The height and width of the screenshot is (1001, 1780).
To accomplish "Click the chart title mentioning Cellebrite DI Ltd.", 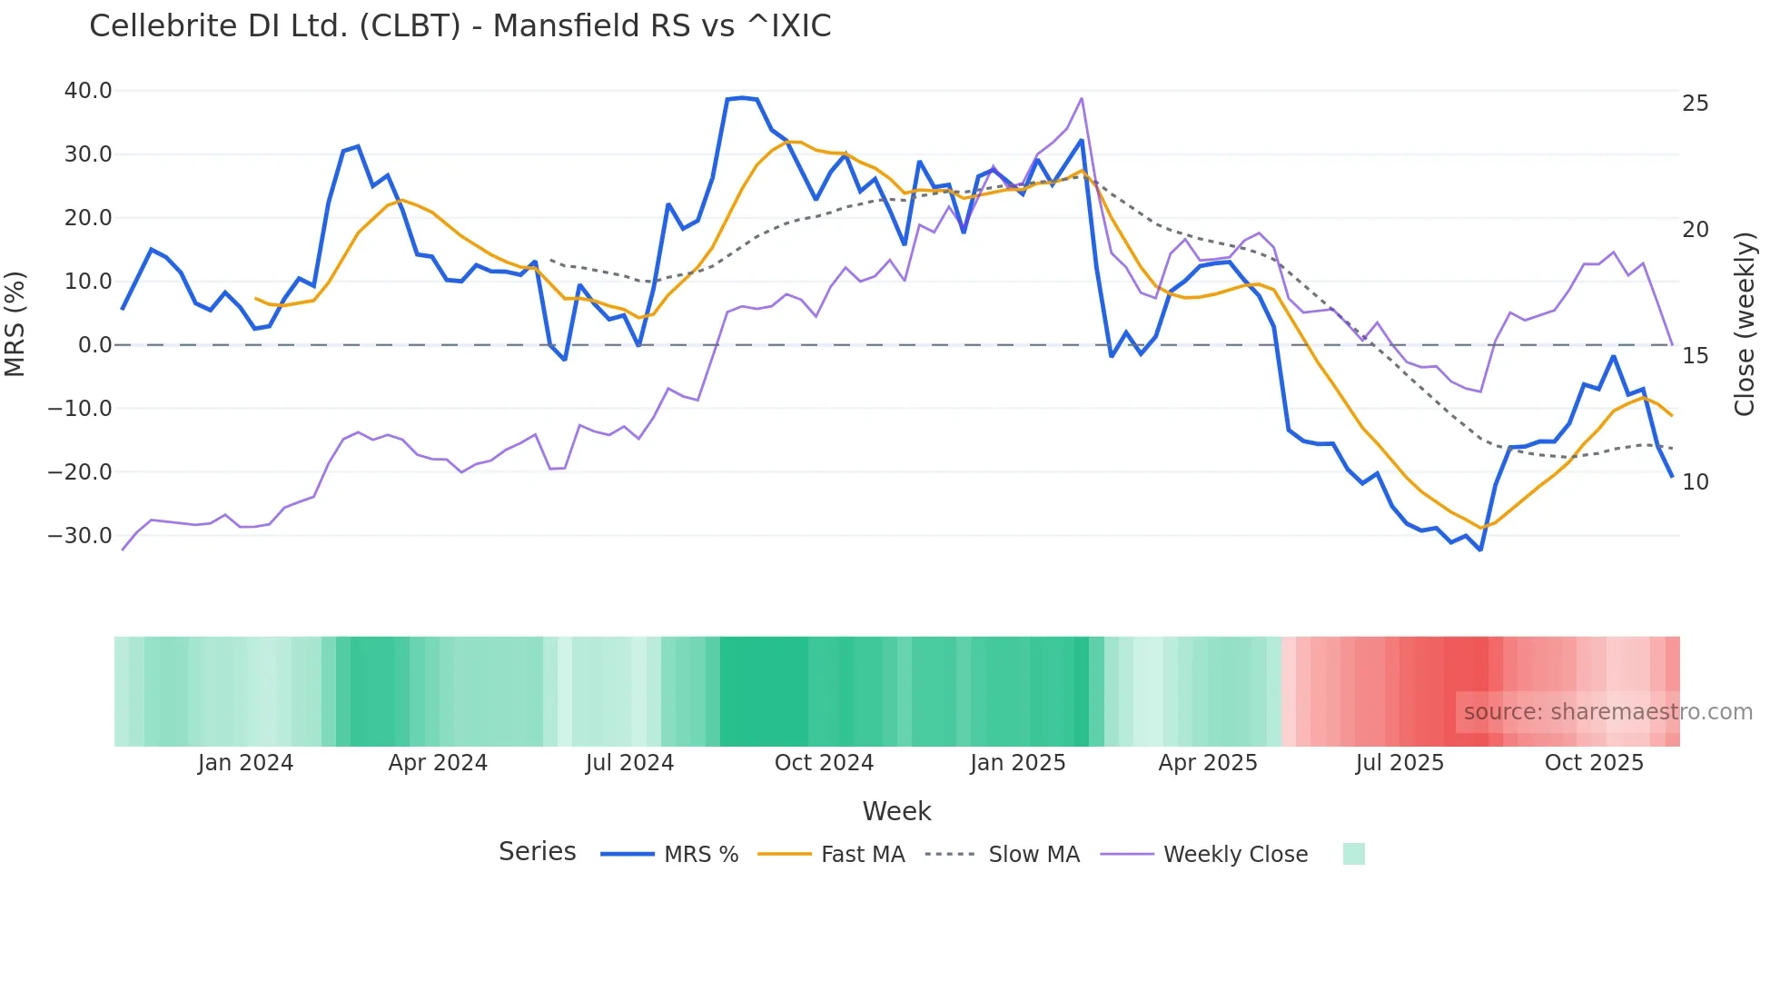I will (460, 26).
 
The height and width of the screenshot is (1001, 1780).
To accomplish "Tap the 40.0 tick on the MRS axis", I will (88, 91).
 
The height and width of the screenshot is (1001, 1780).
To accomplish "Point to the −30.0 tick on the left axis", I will (80, 536).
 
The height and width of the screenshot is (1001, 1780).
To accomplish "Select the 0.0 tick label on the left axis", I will (95, 345).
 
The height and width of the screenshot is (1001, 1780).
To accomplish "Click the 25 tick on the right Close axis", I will (1695, 104).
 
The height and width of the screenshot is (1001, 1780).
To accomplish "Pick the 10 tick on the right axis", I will (1695, 482).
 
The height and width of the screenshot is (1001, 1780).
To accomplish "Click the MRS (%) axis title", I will (15, 323).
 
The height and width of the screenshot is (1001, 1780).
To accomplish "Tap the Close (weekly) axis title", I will (1744, 323).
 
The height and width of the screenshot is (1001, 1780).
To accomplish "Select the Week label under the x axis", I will (896, 811).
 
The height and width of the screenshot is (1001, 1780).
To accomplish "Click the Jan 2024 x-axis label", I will (245, 763).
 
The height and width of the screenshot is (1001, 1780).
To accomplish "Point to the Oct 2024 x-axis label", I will (824, 763).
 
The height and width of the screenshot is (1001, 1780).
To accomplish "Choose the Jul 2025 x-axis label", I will (1399, 763).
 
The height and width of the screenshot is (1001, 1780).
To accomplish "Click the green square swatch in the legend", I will (1353, 854).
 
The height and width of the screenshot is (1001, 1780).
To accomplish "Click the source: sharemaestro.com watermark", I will (1607, 712).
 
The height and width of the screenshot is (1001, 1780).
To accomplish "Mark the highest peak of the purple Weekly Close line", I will (1082, 98).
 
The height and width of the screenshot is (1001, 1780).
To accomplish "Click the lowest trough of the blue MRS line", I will (1480, 550).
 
